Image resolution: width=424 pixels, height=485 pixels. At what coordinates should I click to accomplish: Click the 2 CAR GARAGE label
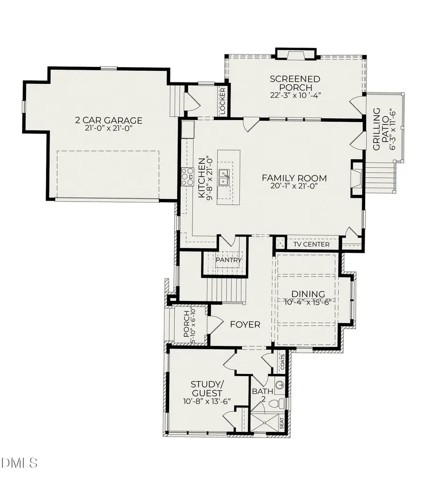[108, 121]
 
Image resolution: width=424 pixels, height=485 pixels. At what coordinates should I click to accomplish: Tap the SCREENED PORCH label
[295, 83]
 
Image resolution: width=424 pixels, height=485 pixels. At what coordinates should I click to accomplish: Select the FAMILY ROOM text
[294, 178]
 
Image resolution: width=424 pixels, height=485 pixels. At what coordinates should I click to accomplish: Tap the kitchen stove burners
[187, 176]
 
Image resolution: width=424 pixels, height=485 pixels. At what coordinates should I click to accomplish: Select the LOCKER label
[223, 101]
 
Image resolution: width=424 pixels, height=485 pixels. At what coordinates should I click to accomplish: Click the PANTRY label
[228, 259]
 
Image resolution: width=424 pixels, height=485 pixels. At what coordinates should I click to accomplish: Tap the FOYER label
[245, 324]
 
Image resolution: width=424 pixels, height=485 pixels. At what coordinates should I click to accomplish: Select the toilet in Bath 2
[281, 403]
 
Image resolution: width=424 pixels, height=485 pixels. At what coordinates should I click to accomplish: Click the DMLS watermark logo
[20, 463]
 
